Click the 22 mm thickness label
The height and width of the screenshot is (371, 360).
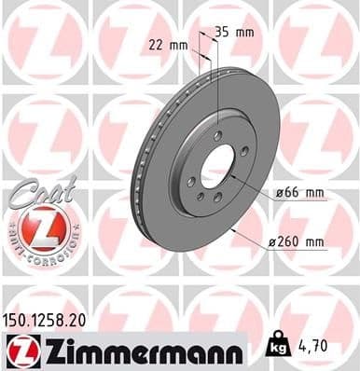point(168,44)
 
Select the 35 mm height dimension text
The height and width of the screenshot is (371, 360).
point(233,32)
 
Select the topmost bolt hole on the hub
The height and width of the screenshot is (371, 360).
point(217,135)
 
